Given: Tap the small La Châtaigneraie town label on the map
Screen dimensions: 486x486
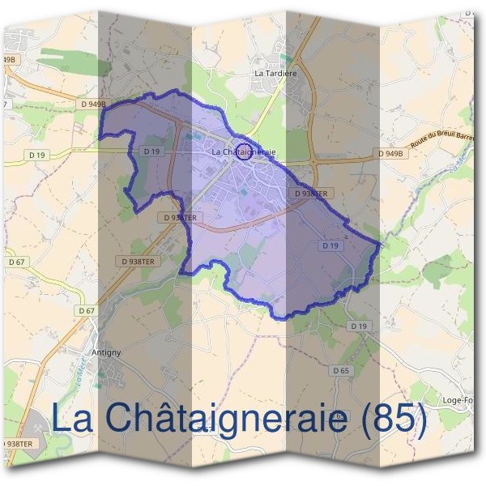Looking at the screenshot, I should (x=244, y=151).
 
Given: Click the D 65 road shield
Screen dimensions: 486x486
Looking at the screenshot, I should (x=341, y=369).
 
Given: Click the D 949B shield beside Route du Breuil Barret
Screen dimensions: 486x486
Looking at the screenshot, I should (x=390, y=152).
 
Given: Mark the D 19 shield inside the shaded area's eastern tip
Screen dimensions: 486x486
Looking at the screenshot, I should (x=329, y=245).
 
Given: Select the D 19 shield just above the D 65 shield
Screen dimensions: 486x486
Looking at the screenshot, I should (x=359, y=326).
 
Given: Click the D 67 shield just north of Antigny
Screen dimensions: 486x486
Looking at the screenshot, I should (x=87, y=311).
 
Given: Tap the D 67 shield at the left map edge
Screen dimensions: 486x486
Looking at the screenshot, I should (x=15, y=262).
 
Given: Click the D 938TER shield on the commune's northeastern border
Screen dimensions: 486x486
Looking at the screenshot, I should (x=312, y=194).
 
